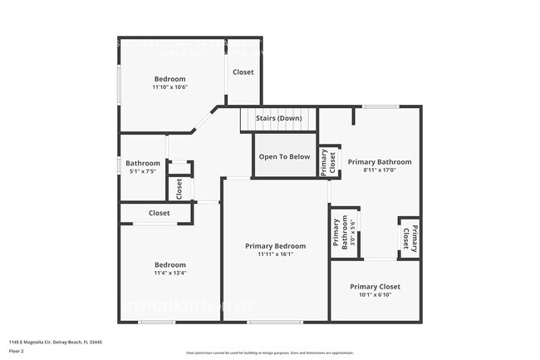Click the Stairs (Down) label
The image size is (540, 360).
(278, 118)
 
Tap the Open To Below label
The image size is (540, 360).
(284, 156)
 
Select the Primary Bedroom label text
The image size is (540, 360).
(275, 246)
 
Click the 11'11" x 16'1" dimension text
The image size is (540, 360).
(275, 254)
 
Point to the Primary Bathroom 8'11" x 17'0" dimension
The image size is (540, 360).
(379, 170)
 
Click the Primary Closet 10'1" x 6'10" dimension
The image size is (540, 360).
(375, 293)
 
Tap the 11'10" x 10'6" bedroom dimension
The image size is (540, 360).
(169, 86)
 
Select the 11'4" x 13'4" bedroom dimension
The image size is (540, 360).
(169, 273)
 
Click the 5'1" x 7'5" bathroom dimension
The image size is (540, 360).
(143, 171)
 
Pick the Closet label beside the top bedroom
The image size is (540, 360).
(243, 72)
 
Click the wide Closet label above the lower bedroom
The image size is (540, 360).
(160, 213)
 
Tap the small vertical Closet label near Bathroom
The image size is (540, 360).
(179, 189)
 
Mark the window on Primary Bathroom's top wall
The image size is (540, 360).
(379, 106)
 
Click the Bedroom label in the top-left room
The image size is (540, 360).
(169, 79)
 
